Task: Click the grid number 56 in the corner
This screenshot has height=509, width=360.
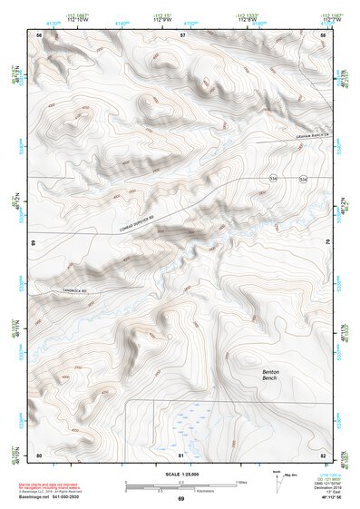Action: pos(39,34)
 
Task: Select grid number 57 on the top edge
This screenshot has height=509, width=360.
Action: pos(182,34)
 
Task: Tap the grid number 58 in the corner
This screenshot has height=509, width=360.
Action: pos(323,34)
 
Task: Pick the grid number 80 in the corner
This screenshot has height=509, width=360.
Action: pos(39,454)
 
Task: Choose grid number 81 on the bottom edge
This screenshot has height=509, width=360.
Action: pos(181,454)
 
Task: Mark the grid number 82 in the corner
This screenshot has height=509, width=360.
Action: pos(323,454)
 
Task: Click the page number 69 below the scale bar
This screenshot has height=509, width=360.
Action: pos(180,498)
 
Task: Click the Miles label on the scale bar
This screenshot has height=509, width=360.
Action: pos(240,482)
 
